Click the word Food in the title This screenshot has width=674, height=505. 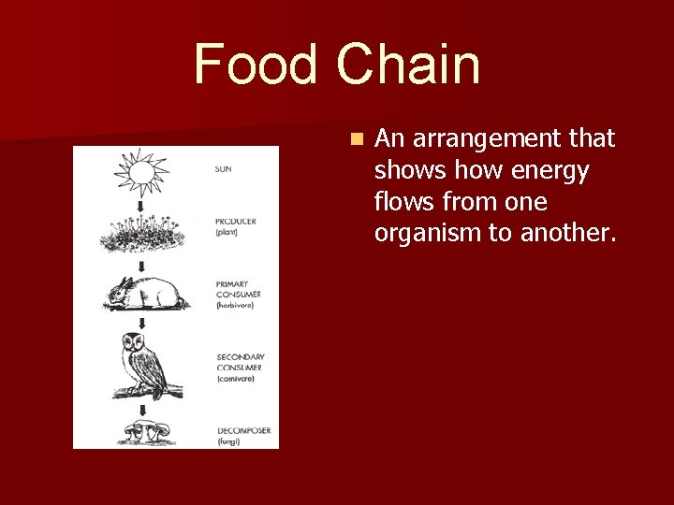[256, 65]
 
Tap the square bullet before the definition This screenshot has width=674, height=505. [355, 139]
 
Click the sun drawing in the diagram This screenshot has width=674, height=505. [139, 171]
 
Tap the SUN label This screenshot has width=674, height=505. [224, 169]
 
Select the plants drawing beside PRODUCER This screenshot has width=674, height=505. [141, 234]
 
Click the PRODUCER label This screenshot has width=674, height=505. [236, 222]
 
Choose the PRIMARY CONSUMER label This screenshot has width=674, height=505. [238, 289]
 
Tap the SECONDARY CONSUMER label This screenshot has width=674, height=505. [240, 363]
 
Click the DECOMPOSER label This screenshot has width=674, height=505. [243, 430]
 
